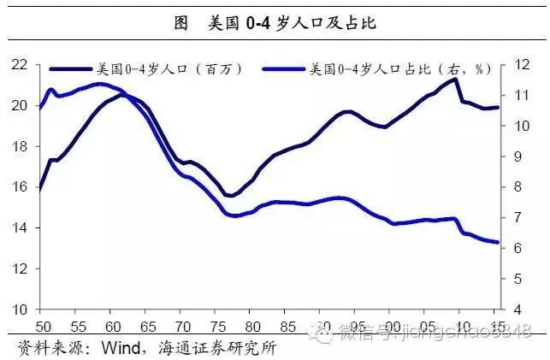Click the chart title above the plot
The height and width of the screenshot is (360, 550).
[275, 24]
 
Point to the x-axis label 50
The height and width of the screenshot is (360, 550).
[41, 326]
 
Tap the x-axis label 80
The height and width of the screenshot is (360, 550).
[251, 326]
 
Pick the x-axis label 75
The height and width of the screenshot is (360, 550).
[216, 326]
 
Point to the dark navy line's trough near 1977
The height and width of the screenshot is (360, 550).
[229, 196]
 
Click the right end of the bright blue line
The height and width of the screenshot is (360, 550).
[498, 242]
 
